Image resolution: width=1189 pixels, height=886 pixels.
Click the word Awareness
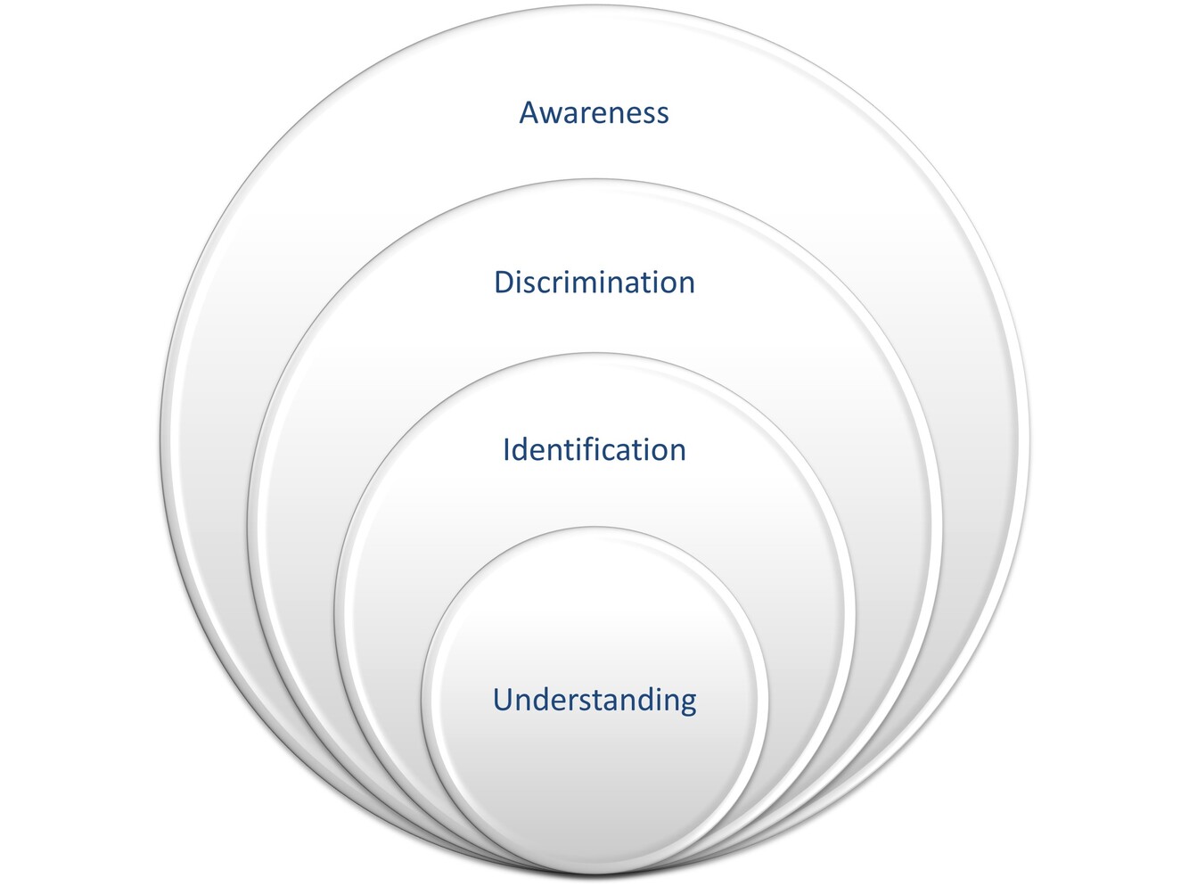pos(594,113)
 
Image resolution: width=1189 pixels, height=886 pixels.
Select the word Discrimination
pos(594,283)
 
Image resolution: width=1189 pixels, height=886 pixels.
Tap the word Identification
pos(594,449)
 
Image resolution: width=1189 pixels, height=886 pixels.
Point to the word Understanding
pos(594,700)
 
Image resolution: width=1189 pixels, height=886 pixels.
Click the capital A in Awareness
pos(529,113)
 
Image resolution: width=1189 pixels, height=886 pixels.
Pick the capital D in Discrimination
pos(504,283)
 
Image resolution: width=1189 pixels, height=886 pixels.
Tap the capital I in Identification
pos(506,449)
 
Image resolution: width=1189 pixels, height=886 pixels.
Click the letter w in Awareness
pos(552,115)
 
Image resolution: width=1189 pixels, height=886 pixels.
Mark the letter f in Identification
pos(592,448)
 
